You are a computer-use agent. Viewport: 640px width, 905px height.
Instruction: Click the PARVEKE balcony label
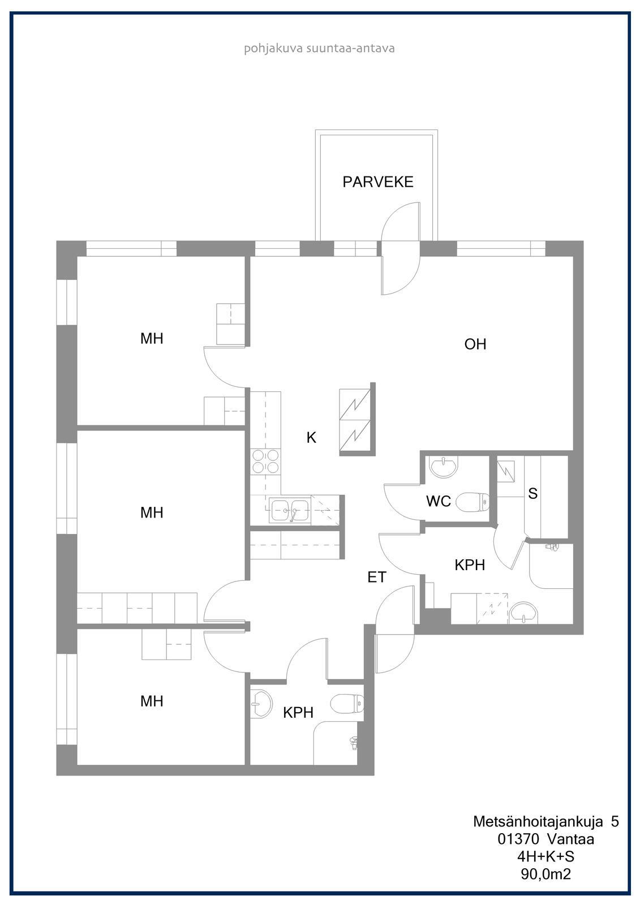click(377, 182)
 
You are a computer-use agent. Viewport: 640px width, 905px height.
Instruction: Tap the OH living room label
click(475, 344)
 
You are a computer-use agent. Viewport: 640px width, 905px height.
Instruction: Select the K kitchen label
click(311, 437)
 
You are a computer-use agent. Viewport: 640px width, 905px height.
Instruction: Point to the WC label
click(438, 501)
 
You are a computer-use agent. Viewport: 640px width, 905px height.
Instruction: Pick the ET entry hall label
click(377, 578)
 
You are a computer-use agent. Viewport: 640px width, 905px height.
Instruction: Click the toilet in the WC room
click(472, 502)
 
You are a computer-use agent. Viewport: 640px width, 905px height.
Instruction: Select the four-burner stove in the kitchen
click(265, 462)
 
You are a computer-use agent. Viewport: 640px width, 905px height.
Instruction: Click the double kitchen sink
click(290, 510)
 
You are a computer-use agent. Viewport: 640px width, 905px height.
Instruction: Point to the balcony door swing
click(401, 248)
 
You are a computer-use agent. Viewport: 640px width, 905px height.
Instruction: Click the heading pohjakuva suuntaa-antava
click(319, 49)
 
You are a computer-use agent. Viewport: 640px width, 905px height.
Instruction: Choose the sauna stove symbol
click(506, 472)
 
